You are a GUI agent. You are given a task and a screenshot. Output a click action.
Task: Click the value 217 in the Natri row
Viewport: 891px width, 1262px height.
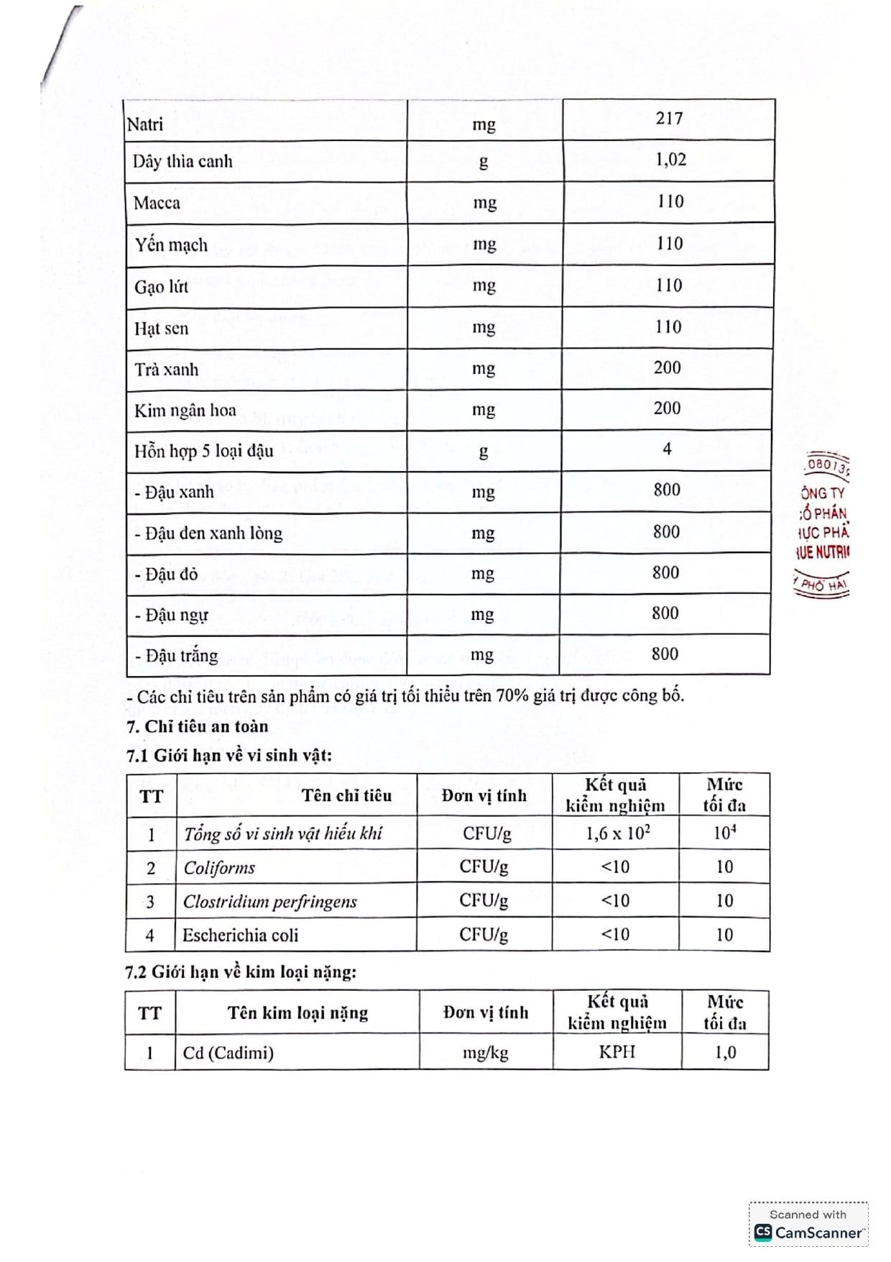[668, 119]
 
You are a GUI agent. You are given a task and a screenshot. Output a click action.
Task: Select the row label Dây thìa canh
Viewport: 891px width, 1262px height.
[183, 161]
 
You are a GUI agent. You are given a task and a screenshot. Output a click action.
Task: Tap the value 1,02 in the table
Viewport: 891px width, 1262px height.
[670, 159]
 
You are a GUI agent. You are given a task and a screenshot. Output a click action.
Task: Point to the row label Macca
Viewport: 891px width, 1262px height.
[157, 203]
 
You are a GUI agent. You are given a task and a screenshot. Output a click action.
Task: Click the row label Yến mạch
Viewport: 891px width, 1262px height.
[171, 244]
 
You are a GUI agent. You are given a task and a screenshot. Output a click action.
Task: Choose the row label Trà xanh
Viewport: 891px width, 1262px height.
[166, 370]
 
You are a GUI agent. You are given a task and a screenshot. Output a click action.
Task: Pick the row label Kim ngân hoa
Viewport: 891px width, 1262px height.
[185, 411]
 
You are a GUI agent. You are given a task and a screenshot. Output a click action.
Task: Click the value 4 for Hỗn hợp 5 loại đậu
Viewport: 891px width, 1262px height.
[667, 449]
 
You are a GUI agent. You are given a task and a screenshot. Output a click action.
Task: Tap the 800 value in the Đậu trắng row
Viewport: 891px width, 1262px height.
[665, 654]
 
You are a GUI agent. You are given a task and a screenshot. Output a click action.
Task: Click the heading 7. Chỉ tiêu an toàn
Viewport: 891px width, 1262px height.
[197, 726]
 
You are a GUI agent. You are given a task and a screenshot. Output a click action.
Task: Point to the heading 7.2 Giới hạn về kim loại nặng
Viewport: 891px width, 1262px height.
[241, 972]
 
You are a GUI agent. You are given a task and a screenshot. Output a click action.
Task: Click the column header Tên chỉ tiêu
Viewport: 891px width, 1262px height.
[346, 795]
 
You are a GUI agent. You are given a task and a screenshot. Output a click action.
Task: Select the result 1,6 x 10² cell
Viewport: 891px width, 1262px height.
[617, 833]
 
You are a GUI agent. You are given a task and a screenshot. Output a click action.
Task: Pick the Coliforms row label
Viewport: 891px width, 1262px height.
[219, 868]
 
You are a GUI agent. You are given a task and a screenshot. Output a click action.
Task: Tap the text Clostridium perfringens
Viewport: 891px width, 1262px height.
[269, 902]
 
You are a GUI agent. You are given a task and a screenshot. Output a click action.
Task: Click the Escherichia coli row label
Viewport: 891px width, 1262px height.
[240, 936]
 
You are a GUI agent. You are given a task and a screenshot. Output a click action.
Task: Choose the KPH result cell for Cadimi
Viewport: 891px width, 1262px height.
[617, 1052]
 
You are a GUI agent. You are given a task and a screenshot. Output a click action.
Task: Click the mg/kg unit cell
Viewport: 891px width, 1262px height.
[485, 1053]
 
